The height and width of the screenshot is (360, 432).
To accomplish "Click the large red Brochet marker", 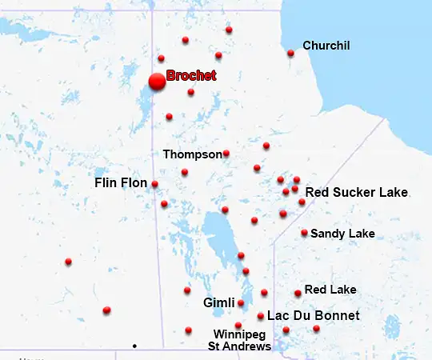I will (157, 82).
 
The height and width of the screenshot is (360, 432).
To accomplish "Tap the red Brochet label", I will (191, 76).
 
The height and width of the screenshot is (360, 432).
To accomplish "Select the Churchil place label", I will (326, 46).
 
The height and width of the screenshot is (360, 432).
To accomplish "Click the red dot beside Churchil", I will (290, 54).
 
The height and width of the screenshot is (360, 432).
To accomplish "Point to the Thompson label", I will (192, 154).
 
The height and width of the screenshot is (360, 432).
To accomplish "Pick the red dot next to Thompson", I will (226, 154).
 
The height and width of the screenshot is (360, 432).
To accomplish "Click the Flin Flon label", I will (121, 183).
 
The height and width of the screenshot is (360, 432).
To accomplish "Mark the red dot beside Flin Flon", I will (154, 184).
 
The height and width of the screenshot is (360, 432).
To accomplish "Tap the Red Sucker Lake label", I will (357, 193).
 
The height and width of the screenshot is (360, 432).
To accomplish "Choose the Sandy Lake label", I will (342, 234).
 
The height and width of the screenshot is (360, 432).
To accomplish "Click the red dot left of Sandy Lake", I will (304, 233).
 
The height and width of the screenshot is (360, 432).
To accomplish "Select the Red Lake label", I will (330, 290).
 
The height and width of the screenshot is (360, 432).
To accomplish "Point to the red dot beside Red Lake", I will (298, 294).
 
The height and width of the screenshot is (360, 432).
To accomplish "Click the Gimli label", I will (218, 303).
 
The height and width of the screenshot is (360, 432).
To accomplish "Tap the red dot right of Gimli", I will (241, 303).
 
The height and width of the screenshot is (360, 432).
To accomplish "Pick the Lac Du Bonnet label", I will (314, 316).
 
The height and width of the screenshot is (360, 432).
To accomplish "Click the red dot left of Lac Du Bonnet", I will (261, 316).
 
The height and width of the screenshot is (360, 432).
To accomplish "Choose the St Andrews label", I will (239, 346).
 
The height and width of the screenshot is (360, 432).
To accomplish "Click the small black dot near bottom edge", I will (134, 346).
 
